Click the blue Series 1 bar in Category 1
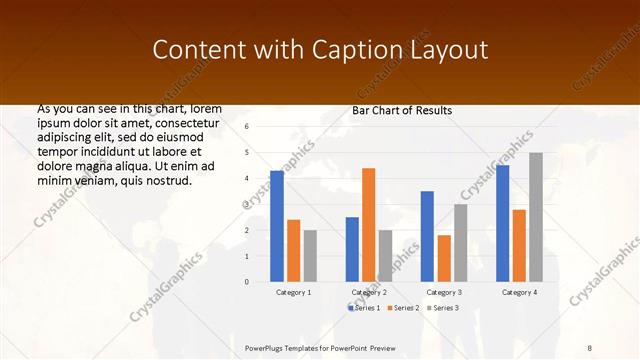pos(277,226)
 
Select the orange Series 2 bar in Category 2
pos(368,225)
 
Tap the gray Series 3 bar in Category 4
pos(536,217)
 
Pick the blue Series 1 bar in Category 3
pos(427,236)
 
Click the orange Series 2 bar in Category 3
pos(443,258)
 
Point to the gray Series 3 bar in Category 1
pos(310,256)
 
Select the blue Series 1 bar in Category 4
pos(502,223)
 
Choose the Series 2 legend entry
pos(402,307)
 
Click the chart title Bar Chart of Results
pos(402,110)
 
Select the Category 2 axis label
pos(369,292)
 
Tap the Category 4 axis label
pos(519,292)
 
